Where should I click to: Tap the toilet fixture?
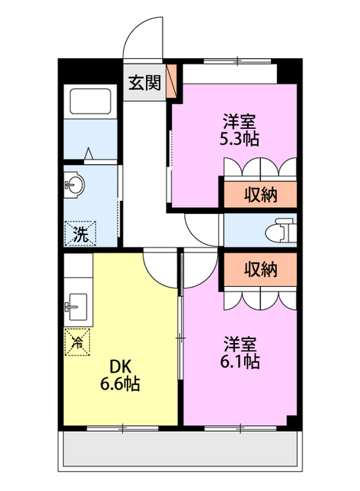pyautogui.click(x=279, y=229)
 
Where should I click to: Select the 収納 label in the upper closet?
pyautogui.click(x=260, y=194)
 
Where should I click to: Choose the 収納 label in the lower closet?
pyautogui.click(x=260, y=269)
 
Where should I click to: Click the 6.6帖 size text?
pyautogui.click(x=121, y=384)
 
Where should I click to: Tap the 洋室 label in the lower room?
pyautogui.click(x=241, y=342)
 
